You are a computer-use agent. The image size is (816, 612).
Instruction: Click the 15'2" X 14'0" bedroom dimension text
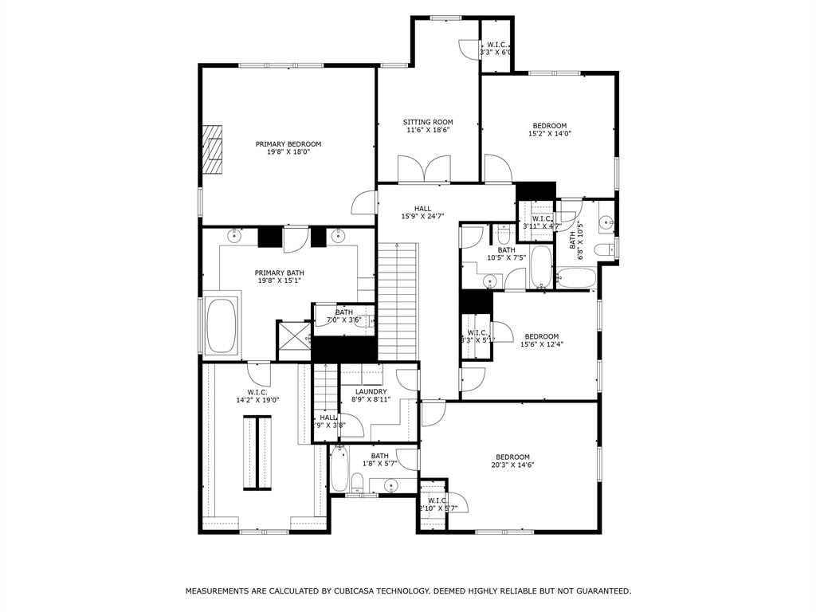click(550, 134)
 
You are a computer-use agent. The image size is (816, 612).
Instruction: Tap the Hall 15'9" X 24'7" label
click(422, 212)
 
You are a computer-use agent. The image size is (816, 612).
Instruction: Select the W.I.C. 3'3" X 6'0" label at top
click(495, 49)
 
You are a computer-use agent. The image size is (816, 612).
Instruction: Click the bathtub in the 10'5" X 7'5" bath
click(541, 268)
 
